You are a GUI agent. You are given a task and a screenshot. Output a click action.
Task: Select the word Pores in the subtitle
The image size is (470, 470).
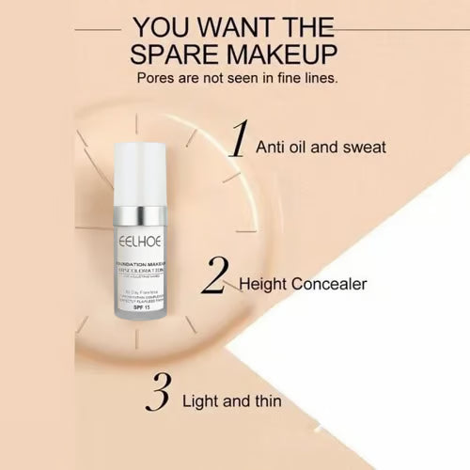tap(157, 80)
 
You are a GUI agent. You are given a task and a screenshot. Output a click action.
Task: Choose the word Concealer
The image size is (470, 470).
tap(332, 283)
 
